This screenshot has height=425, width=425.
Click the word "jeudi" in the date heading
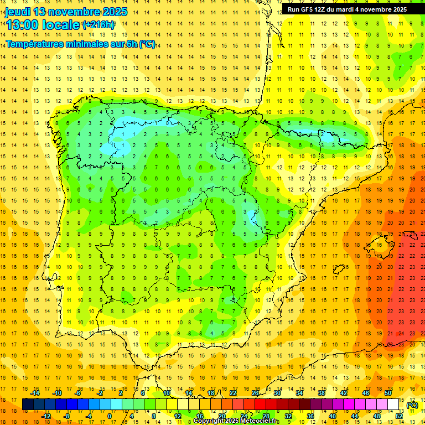(x=17, y=12)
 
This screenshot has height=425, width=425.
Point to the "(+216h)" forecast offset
(x=99, y=25)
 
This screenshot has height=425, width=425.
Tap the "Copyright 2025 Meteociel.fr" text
(x=236, y=421)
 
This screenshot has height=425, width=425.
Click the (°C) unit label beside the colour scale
(x=412, y=406)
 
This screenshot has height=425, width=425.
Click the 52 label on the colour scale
(x=399, y=416)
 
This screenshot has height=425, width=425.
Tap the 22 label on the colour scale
(x=232, y=393)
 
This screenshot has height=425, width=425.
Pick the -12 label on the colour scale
(x=46, y=416)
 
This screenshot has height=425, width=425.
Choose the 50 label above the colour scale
(x=387, y=393)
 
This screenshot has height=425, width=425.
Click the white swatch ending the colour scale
(x=393, y=405)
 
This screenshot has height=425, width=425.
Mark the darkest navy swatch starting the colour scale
(x=28, y=405)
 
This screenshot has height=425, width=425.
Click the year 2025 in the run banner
(x=398, y=9)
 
